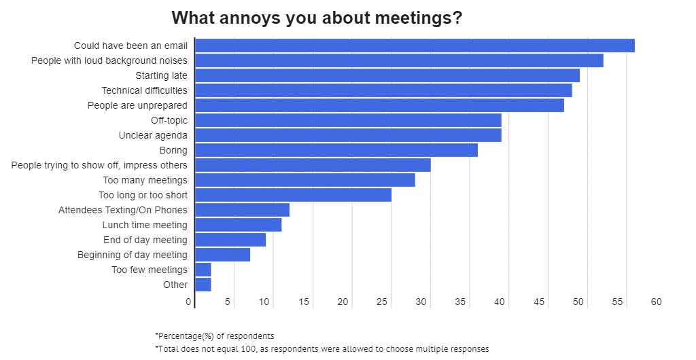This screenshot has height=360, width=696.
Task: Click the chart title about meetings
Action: pos(317,18)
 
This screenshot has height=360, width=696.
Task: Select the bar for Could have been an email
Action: pos(415,46)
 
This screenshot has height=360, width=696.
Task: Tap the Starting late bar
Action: pos(387,75)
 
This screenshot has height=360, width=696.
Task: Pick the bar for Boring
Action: pos(336,150)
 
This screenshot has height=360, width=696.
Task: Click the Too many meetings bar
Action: pos(305,180)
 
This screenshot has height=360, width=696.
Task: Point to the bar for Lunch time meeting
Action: pos(239,225)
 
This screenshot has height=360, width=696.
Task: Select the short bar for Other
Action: pos(203,285)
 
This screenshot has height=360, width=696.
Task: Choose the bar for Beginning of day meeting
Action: pos(223,255)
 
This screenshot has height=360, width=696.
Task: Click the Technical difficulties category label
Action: pos(144,90)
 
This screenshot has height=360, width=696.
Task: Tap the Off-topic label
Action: pos(169,120)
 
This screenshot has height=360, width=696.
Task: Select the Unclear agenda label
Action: pos(153,135)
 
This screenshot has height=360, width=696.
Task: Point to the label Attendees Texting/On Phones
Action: pos(122,210)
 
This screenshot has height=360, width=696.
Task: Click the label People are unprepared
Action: pos(137,105)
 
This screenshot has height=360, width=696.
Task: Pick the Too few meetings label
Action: pos(150,270)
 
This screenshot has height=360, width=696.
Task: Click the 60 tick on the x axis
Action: pos(656,302)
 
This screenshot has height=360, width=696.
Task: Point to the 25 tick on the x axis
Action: pos(382,302)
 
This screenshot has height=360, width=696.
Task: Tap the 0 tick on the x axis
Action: pos(189,302)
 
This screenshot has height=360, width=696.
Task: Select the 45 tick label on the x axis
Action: pos(539,302)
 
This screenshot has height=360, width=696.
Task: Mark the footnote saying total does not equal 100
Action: pos(322,348)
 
